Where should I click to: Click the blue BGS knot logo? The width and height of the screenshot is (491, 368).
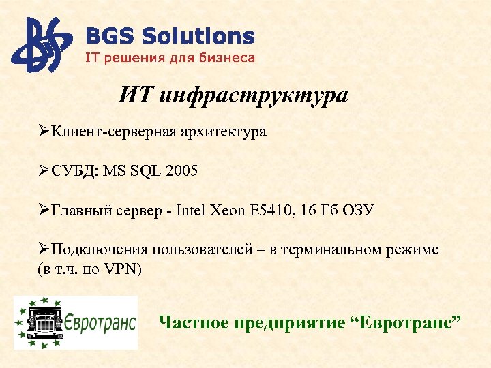(x=41, y=45)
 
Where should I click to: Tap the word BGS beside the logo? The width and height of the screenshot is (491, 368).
(x=106, y=37)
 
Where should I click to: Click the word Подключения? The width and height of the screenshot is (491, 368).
(x=98, y=250)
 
